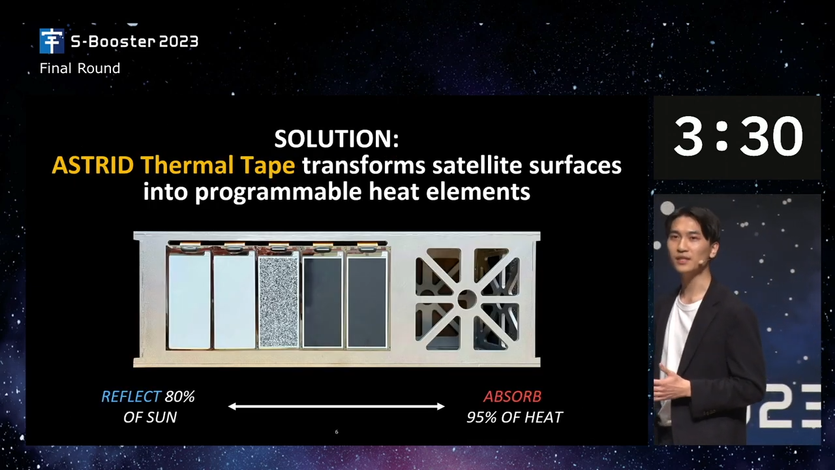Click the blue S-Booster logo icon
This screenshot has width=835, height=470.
tap(52, 41)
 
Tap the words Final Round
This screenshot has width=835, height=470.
tap(80, 69)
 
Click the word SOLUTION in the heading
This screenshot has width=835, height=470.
tap(333, 139)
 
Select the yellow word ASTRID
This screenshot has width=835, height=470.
tap(93, 165)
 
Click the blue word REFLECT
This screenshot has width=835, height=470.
tap(131, 396)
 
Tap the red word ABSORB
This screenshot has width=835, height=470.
tap(513, 396)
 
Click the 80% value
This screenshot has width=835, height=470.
tap(180, 396)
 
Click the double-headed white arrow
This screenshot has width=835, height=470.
tap(336, 406)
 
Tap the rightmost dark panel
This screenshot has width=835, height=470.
tap(367, 302)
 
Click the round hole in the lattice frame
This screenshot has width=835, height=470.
tap(466, 299)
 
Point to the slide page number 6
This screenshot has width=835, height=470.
tap(337, 432)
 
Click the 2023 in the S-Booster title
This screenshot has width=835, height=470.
tap(179, 42)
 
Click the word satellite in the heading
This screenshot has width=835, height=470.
tap(477, 165)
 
